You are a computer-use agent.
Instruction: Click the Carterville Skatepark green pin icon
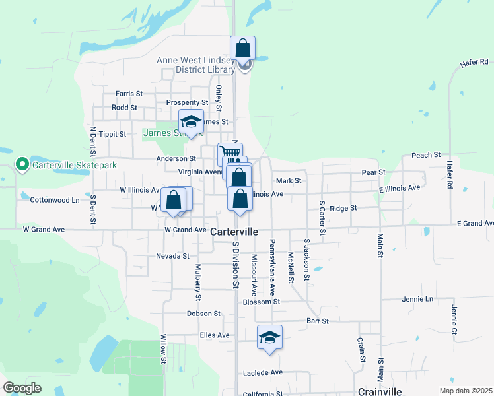22,164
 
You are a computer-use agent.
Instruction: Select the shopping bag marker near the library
242,49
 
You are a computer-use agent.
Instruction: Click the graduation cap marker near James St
191,122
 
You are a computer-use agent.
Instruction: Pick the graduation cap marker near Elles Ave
269,337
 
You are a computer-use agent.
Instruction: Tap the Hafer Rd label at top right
474,64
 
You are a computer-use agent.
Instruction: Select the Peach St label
425,155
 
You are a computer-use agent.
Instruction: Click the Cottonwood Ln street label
55,199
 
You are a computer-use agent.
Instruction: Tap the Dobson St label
203,313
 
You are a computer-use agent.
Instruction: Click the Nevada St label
172,256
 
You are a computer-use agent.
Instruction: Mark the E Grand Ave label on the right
475,223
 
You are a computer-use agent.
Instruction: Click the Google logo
22,388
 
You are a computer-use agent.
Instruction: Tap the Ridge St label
343,207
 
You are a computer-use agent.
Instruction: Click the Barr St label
318,321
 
